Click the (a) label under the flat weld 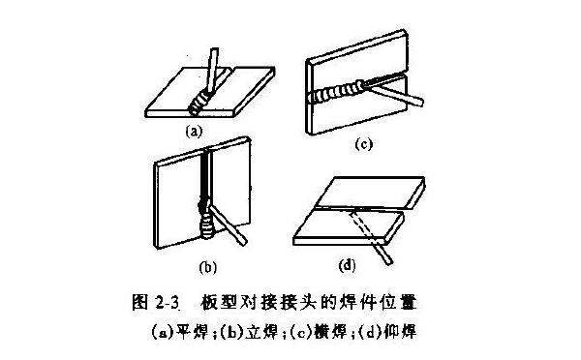[x=192, y=127]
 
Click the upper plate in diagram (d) [x=373, y=193]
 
